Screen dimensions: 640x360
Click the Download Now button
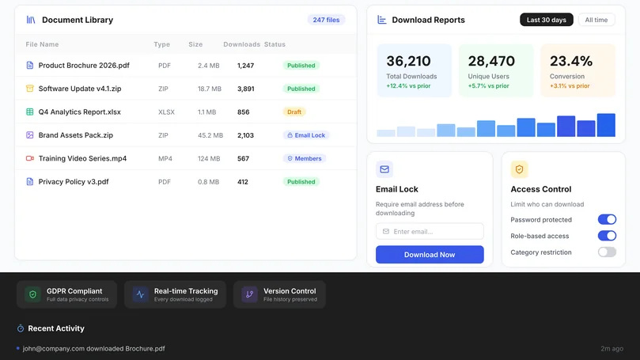tap(430, 254)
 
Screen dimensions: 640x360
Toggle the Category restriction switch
tap(607, 252)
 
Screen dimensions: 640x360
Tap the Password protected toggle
tap(607, 219)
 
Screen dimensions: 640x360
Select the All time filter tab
tap(596, 20)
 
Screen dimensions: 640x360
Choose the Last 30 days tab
tap(546, 20)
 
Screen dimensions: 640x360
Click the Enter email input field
tap(430, 231)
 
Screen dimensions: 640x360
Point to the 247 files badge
tap(326, 20)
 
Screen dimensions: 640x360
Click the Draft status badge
tap(294, 112)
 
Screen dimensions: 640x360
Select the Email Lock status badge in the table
tap(306, 135)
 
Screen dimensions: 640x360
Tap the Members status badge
tap(305, 158)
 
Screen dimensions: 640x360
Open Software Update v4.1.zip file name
tap(80, 89)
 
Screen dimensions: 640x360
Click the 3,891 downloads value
tap(246, 89)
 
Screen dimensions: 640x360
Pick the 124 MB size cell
tap(209, 158)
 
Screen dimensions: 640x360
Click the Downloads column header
tap(241, 44)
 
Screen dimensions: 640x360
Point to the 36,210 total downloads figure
tap(408, 61)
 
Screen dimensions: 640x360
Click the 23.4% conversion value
tap(570, 61)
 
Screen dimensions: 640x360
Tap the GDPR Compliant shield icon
tap(32, 294)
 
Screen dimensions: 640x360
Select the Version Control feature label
tap(290, 291)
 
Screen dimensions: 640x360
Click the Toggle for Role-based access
tap(607, 236)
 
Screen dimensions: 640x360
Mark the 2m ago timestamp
tap(612, 349)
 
